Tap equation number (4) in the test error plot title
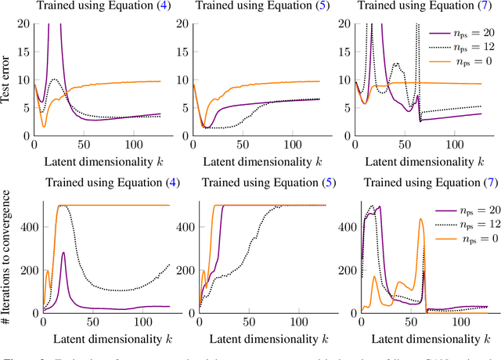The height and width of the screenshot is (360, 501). pos(161,8)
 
